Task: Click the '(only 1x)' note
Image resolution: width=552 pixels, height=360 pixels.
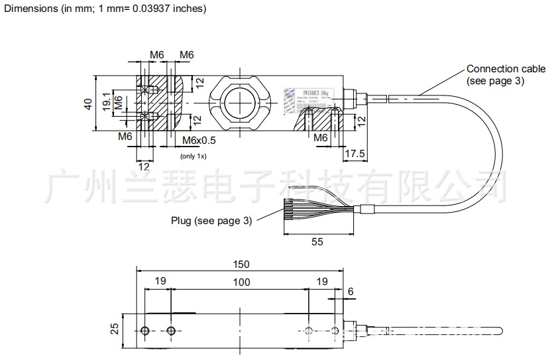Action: coord(194,156)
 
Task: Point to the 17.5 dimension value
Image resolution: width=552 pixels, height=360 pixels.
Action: coord(356,153)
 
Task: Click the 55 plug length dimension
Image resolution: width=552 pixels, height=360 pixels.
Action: coord(317,242)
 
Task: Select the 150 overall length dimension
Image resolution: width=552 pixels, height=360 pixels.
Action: coord(241,264)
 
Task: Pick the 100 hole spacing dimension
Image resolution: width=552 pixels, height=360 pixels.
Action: coord(241,282)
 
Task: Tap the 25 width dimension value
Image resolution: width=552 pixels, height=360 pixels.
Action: coord(114,330)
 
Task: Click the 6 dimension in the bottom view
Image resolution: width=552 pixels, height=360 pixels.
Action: coord(351,291)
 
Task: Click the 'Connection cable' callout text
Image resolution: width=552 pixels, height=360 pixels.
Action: coord(506,69)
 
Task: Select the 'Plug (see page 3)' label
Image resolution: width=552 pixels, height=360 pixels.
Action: coord(211,221)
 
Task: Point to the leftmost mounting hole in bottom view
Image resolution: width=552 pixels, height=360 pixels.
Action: coord(145,331)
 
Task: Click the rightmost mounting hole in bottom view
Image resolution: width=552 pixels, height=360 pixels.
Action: coord(336,331)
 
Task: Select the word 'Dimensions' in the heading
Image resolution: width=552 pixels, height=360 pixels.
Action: coord(28,9)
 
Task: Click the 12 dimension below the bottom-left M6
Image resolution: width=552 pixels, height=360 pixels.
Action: coord(144,166)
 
